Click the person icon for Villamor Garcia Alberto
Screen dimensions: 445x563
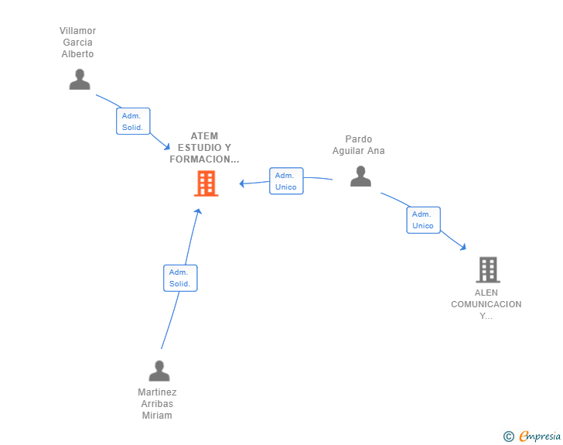point(80,80)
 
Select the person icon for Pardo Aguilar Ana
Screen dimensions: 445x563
point(360,176)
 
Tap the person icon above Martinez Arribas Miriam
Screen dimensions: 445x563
point(159,371)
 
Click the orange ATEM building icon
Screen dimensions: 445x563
point(206,183)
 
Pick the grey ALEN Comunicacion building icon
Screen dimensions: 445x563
point(487,269)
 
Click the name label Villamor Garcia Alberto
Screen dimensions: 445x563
point(77,43)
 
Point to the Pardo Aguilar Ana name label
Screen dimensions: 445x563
point(359,145)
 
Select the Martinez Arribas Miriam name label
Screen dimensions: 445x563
point(157,404)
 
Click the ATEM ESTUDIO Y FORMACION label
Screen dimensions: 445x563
point(204,148)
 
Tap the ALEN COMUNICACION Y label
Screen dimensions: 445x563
point(486,304)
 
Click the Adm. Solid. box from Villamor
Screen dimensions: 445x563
point(133,122)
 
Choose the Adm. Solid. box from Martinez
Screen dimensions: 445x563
point(180,278)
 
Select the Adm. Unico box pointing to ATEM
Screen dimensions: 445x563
point(286,181)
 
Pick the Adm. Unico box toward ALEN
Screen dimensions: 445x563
point(423,220)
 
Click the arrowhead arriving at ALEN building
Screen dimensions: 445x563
point(463,247)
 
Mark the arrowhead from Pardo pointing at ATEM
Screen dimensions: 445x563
point(242,183)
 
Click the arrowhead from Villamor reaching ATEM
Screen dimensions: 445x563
point(166,146)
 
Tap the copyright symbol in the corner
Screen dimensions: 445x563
point(509,436)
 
